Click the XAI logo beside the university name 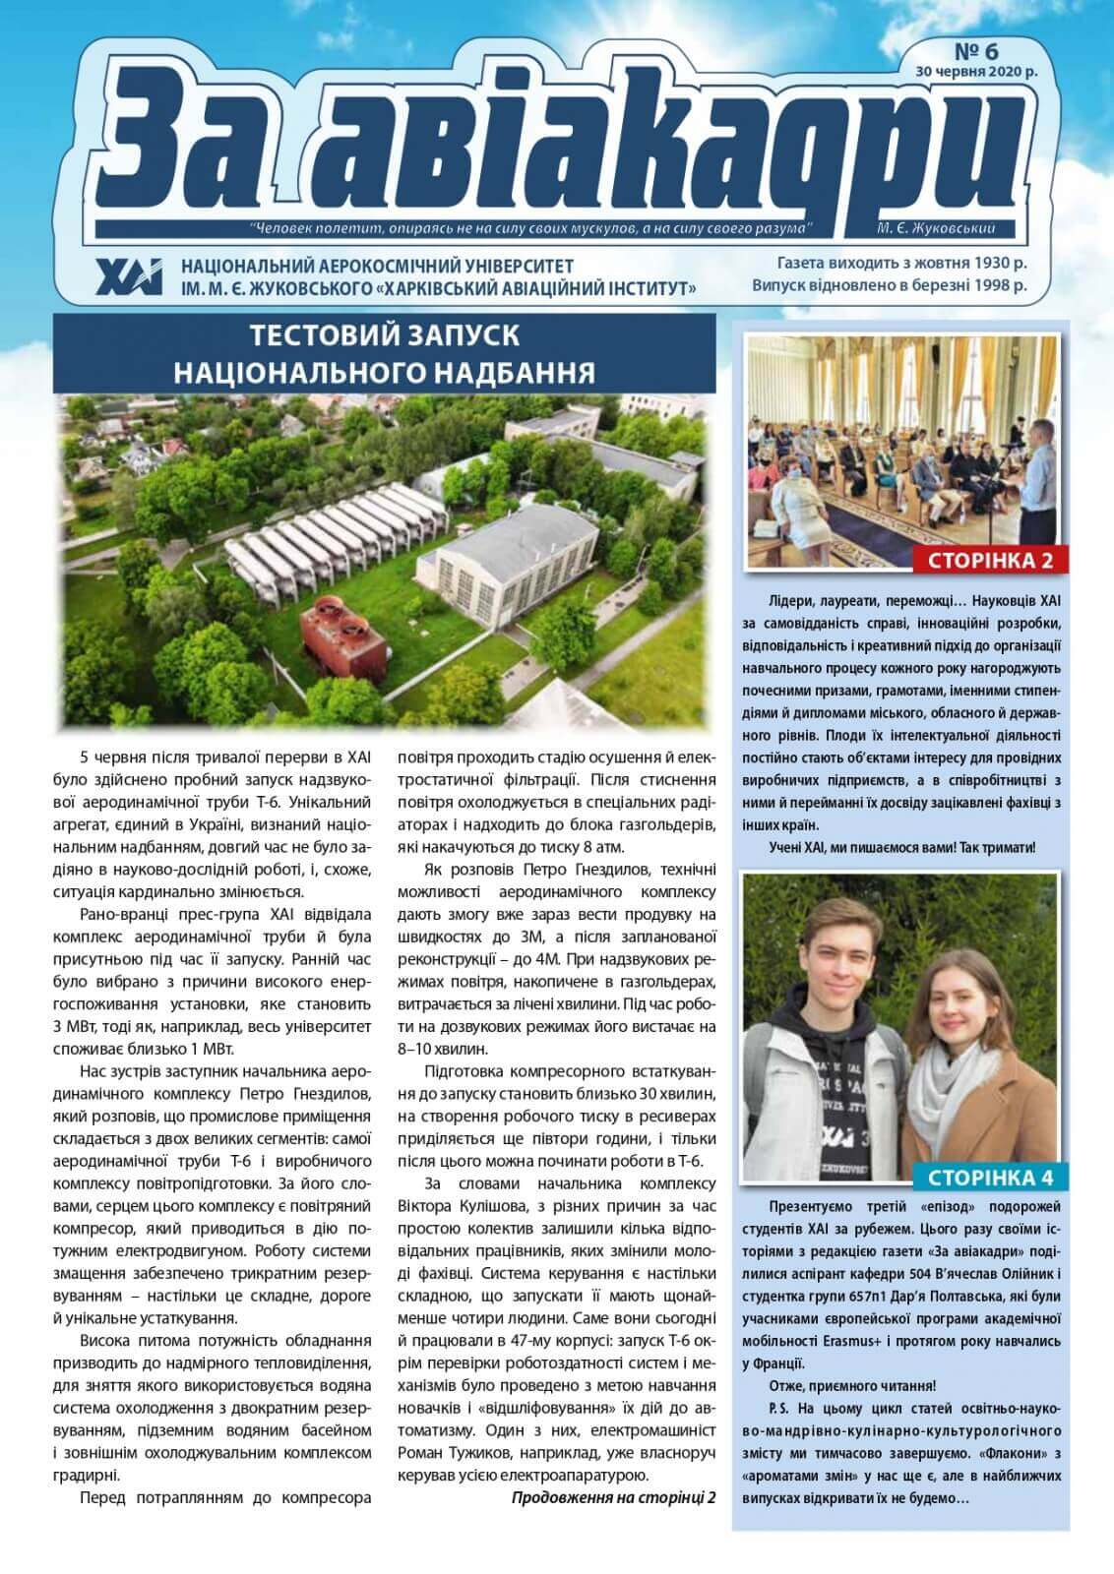tap(128, 276)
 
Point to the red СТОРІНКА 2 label tap(983, 561)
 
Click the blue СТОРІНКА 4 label tap(996, 1177)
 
